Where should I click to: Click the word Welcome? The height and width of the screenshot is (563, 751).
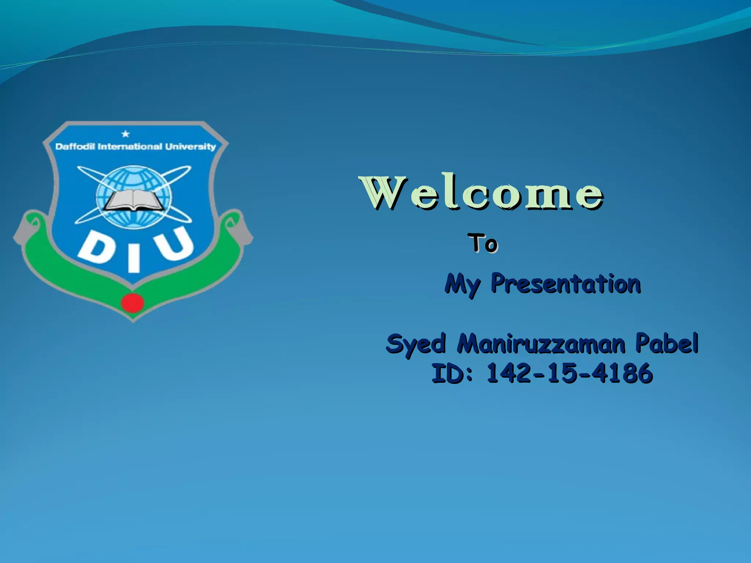click(482, 194)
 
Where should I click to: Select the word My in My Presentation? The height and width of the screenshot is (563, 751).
click(462, 284)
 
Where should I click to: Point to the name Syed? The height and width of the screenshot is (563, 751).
click(416, 344)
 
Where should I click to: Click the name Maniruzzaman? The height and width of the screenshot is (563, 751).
click(541, 344)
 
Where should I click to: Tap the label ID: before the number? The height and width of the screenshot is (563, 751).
click(452, 374)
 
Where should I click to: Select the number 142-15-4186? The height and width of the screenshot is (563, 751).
click(569, 374)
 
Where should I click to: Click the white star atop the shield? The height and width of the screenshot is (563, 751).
click(125, 134)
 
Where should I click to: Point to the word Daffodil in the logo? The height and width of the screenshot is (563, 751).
click(75, 147)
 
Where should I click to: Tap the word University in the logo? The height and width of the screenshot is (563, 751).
click(190, 147)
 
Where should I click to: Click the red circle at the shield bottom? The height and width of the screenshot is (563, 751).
click(132, 303)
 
